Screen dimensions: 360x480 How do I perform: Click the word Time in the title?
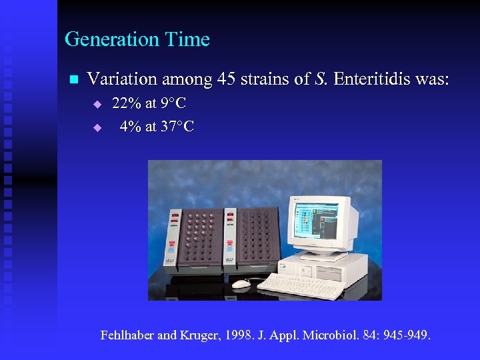(x=191, y=40)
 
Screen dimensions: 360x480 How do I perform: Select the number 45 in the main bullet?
(x=227, y=79)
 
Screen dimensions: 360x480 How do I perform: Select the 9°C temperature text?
(x=173, y=104)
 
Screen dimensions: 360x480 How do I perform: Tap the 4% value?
(x=130, y=127)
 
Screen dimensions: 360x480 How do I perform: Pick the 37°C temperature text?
(x=177, y=127)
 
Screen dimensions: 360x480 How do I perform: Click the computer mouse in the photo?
(x=241, y=283)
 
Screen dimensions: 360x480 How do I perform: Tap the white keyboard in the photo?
(x=299, y=285)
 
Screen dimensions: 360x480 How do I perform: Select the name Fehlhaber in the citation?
(x=127, y=335)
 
